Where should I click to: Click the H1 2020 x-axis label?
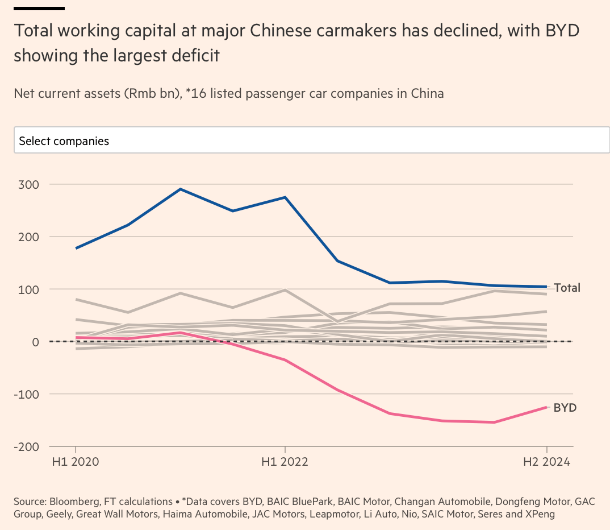pyautogui.click(x=76, y=462)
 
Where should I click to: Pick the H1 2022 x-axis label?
pyautogui.click(x=285, y=462)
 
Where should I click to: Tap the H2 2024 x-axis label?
pyautogui.click(x=546, y=462)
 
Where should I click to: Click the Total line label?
pyautogui.click(x=567, y=288)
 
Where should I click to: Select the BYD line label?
pyautogui.click(x=565, y=408)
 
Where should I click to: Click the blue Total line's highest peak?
pyautogui.click(x=180, y=189)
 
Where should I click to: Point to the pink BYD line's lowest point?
pyautogui.click(x=494, y=422)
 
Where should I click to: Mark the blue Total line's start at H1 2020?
pyautogui.click(x=76, y=249)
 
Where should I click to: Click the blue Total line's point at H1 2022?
pyautogui.click(x=285, y=197)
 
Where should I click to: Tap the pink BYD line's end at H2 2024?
pyautogui.click(x=546, y=407)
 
